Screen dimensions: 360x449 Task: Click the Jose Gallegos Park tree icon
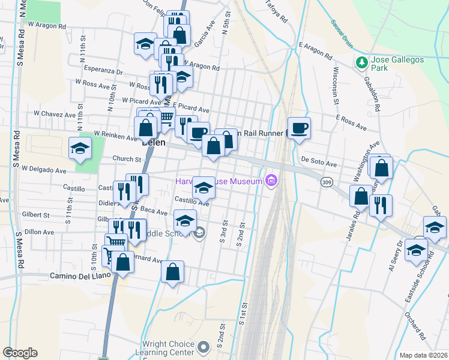tap(361, 63)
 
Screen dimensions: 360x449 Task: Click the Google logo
tap(20, 353)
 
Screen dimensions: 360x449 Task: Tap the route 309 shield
tap(327, 182)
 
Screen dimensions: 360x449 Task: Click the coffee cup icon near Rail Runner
tap(299, 127)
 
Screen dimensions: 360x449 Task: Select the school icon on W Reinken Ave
tap(79, 148)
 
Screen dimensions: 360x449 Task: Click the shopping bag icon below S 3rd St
tap(172, 271)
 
